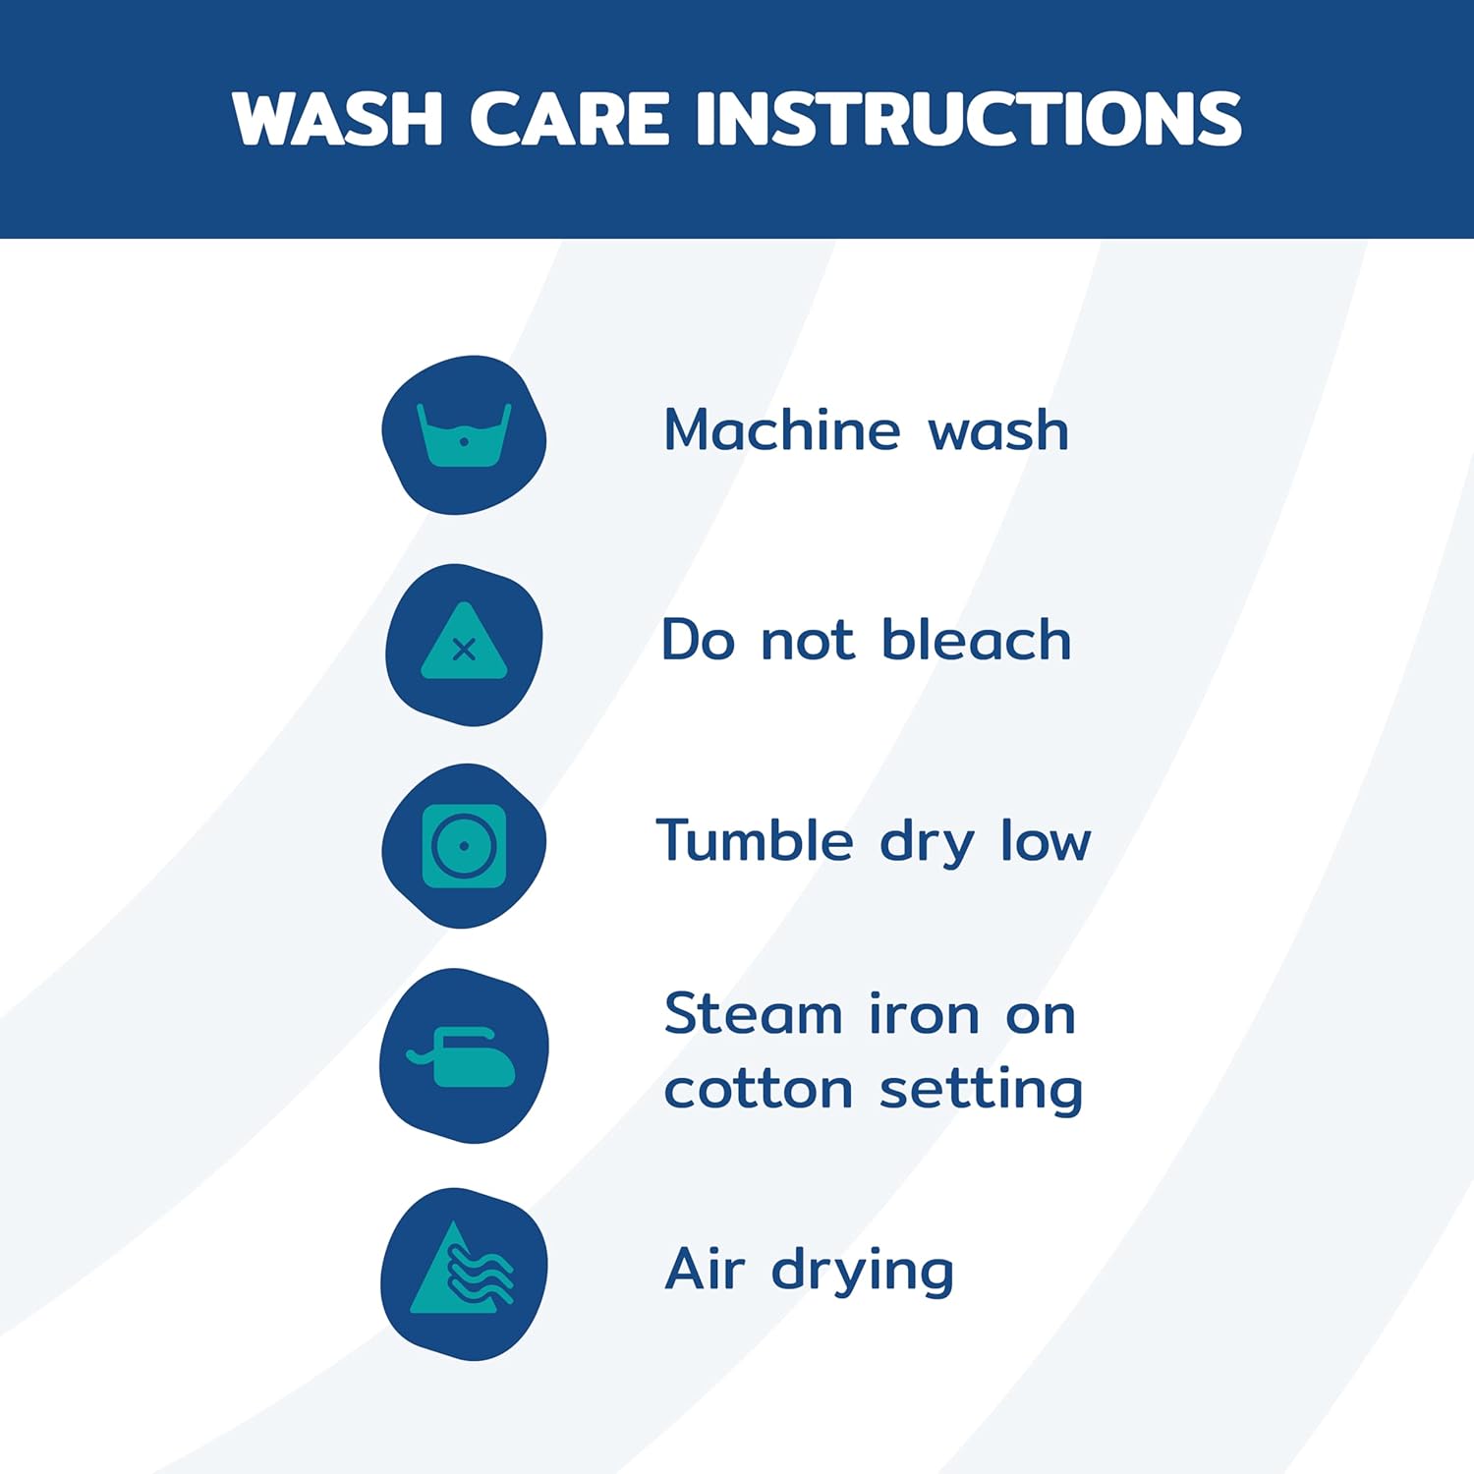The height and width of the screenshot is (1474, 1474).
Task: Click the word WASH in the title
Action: click(338, 119)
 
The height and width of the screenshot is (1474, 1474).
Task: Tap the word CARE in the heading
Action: click(569, 119)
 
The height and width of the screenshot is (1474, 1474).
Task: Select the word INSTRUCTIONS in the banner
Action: click(969, 119)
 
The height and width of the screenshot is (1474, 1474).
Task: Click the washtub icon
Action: click(464, 434)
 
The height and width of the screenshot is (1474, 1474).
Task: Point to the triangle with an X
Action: click(464, 642)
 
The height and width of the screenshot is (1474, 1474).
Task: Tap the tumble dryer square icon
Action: click(464, 845)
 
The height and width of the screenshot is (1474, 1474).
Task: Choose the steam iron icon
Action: click(462, 1057)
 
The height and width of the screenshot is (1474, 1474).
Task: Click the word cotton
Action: click(758, 1089)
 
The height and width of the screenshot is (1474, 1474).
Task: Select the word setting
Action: click(981, 1091)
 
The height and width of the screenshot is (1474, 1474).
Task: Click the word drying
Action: click(863, 1271)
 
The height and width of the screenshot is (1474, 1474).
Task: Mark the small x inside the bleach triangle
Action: click(464, 650)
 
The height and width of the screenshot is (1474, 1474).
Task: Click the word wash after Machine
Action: click(998, 431)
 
